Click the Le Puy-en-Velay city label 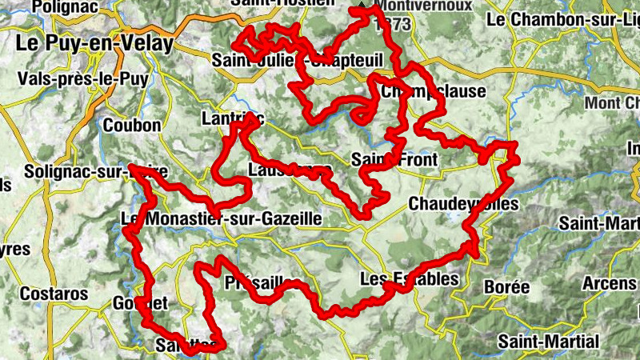[94, 44]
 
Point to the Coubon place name [132, 125]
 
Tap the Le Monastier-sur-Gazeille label [221, 218]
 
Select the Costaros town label [54, 294]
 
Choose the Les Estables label [410, 279]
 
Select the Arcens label [610, 283]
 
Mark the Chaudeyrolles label [463, 204]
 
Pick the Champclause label [433, 91]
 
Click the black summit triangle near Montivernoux [362, 7]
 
